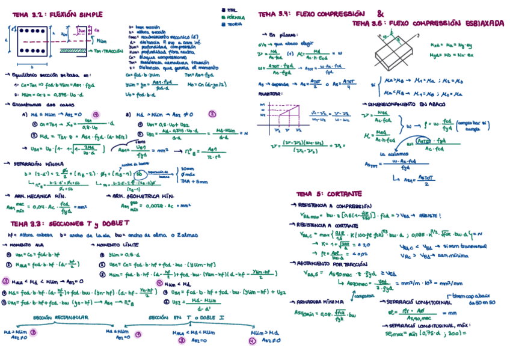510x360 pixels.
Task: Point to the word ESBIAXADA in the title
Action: click(x=482, y=23)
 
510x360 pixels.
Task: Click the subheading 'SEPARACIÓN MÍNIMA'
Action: click(x=36, y=163)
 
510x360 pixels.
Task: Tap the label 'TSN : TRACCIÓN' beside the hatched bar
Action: click(x=109, y=52)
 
